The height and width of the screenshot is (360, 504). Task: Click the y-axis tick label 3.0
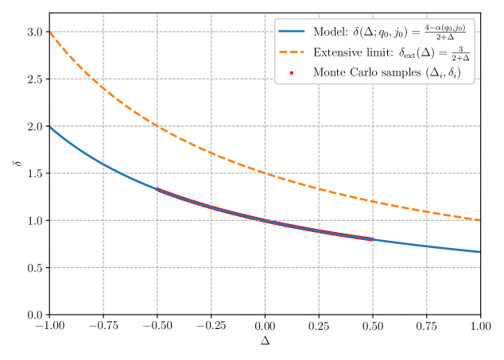[x=34, y=32]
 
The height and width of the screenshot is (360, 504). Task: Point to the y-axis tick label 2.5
[x=34, y=79]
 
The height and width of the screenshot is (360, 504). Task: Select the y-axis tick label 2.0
[x=34, y=126]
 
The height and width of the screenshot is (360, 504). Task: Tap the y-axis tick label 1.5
[x=34, y=173]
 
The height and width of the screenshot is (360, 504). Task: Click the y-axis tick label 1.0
[x=34, y=221]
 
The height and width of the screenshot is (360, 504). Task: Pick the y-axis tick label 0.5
[x=34, y=268]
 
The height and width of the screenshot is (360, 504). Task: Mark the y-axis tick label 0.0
[x=34, y=315]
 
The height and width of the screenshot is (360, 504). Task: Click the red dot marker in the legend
[x=292, y=72]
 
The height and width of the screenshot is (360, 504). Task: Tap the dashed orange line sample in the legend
[x=292, y=53]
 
